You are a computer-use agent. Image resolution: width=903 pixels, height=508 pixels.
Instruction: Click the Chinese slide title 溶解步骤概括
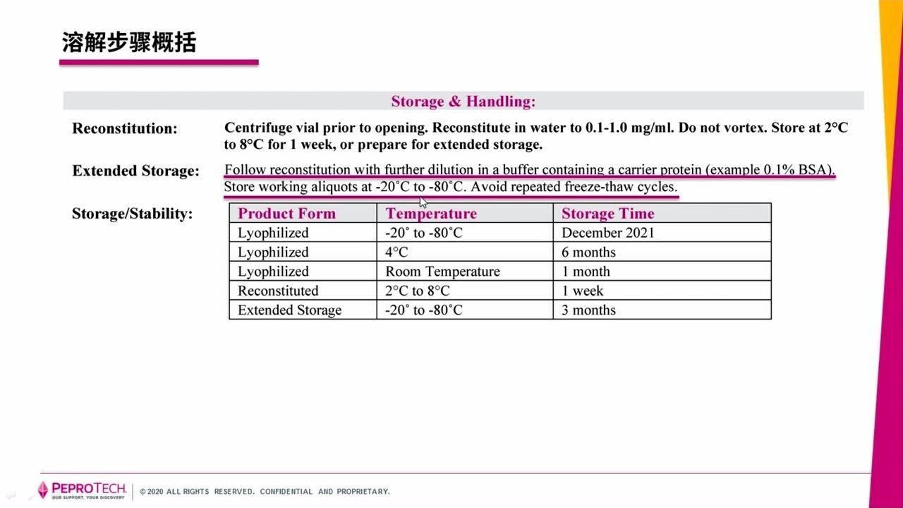click(x=128, y=42)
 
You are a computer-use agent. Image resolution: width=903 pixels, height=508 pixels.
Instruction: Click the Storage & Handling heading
click(x=463, y=102)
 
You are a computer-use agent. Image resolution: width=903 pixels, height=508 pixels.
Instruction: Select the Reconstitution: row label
click(x=125, y=128)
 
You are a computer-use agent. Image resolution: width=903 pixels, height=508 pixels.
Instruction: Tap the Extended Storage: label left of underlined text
click(x=135, y=171)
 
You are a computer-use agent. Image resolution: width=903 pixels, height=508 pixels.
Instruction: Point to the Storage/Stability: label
click(x=132, y=214)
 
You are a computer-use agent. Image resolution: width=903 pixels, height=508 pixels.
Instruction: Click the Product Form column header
click(x=286, y=214)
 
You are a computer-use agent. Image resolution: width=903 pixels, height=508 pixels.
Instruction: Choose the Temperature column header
click(x=431, y=214)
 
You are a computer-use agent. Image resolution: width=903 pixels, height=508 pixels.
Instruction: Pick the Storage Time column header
click(x=607, y=214)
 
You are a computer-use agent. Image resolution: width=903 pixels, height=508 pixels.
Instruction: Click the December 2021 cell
click(x=607, y=233)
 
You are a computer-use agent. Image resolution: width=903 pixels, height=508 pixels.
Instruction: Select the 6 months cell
click(x=588, y=253)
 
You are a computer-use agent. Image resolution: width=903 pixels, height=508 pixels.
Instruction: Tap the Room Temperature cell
click(x=442, y=272)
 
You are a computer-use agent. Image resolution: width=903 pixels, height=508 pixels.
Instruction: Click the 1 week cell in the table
click(x=582, y=291)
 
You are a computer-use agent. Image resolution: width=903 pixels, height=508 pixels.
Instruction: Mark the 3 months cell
click(x=588, y=310)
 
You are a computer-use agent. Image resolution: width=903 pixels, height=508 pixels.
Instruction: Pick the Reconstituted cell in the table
click(x=278, y=291)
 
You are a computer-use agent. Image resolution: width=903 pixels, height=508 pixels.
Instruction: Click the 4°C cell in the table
click(x=396, y=253)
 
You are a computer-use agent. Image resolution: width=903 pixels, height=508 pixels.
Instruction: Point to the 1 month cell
click(x=586, y=272)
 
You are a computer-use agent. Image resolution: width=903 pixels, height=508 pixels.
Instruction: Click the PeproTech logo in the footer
click(x=82, y=490)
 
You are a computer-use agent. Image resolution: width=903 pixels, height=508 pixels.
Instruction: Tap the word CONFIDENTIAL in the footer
click(x=286, y=492)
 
